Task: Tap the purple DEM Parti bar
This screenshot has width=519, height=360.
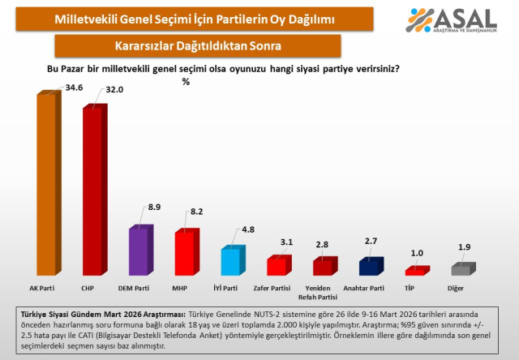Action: [139, 251]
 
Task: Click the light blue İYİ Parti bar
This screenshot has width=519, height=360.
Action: [231, 262]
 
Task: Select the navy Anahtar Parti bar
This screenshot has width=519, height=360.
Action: [370, 267]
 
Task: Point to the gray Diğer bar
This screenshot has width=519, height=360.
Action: [461, 269]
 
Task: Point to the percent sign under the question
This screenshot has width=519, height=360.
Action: [186, 82]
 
